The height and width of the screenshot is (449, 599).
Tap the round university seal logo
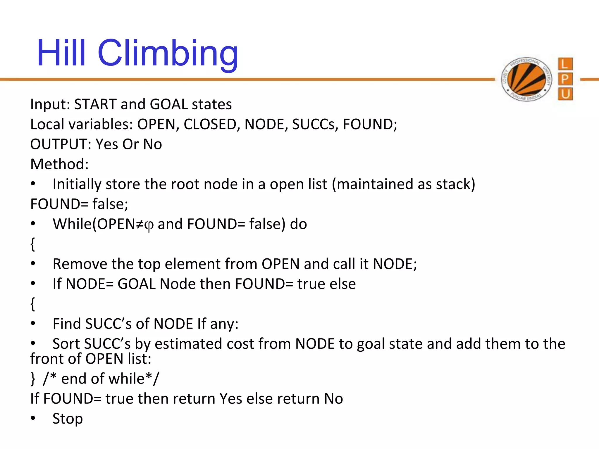click(526, 79)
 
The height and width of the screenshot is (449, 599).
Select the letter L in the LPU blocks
click(565, 64)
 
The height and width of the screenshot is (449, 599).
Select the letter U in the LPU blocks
click(565, 94)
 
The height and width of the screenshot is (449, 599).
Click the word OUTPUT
click(61, 144)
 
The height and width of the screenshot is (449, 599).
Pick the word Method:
click(59, 164)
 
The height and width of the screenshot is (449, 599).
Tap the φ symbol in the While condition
click(149, 225)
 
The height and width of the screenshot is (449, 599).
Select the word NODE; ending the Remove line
click(395, 264)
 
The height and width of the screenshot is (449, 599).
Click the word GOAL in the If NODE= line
click(136, 284)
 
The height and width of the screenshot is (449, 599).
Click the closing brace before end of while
click(33, 379)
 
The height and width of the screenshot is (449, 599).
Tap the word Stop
click(68, 419)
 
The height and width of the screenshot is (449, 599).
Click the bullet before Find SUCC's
click(33, 324)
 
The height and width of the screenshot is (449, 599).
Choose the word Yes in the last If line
click(231, 399)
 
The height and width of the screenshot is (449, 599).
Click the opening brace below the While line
click(33, 244)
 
